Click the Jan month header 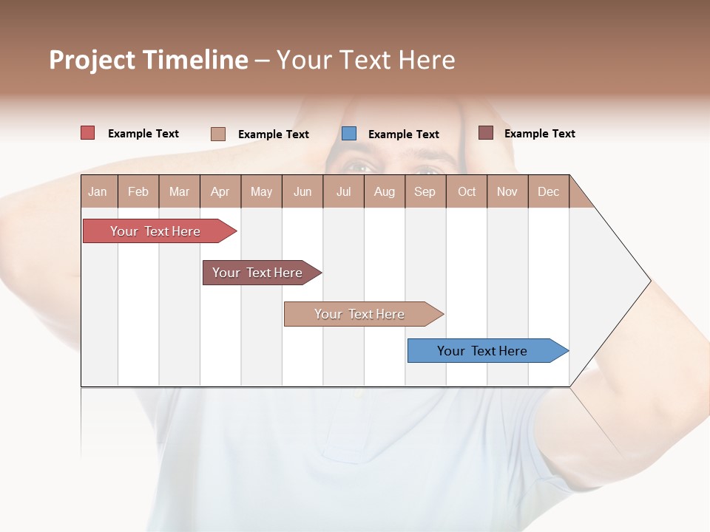(x=98, y=191)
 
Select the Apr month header (x=220, y=191)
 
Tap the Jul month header (x=343, y=191)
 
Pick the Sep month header (x=425, y=191)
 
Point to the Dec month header (x=548, y=191)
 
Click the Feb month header (x=138, y=191)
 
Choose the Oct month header (x=467, y=191)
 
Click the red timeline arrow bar (x=155, y=231)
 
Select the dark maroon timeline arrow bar (x=257, y=273)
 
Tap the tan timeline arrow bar (x=359, y=314)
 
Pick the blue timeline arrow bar (x=482, y=351)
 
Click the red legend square (x=87, y=133)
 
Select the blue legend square (x=349, y=133)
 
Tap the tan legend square (x=217, y=134)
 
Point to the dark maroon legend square (x=485, y=132)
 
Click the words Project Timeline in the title (x=148, y=60)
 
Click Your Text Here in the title (x=365, y=60)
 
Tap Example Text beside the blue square (x=403, y=134)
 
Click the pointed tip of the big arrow (x=649, y=281)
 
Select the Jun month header (x=302, y=191)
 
